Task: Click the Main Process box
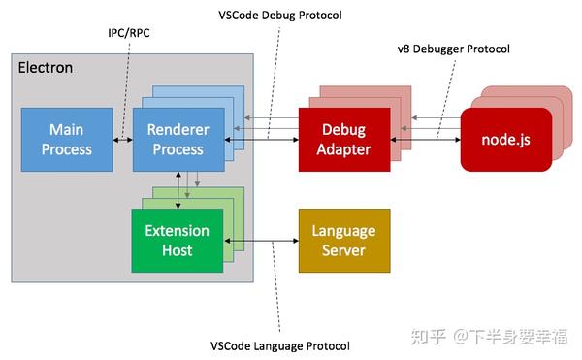tap(67, 140)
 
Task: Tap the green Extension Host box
tap(177, 241)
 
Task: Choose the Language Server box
tap(343, 240)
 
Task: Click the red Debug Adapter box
tap(343, 140)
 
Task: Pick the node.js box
tap(505, 140)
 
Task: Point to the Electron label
tap(45, 68)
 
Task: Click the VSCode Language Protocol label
tap(279, 346)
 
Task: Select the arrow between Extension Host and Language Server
tap(259, 241)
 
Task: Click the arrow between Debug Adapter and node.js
tap(425, 140)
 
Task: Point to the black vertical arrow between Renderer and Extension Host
tap(178, 190)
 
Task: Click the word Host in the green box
tap(177, 250)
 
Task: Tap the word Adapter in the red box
tap(343, 149)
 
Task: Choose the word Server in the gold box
tap(343, 250)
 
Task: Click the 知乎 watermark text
tap(429, 337)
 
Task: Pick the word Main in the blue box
tap(67, 130)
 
